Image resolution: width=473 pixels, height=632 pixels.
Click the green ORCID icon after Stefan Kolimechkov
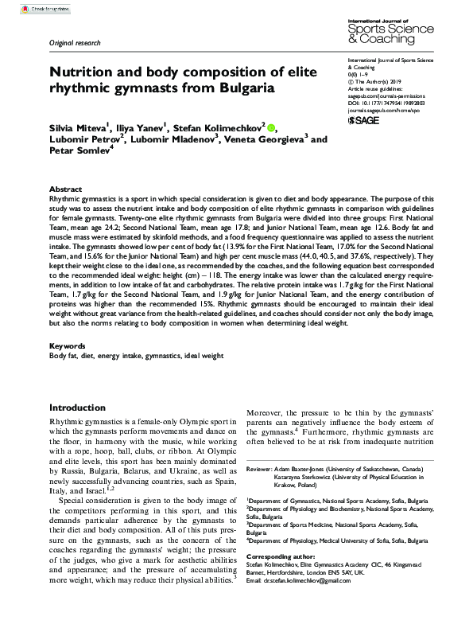(271, 127)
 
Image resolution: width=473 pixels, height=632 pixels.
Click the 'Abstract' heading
(66, 181)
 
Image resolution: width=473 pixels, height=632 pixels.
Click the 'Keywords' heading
(69, 348)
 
